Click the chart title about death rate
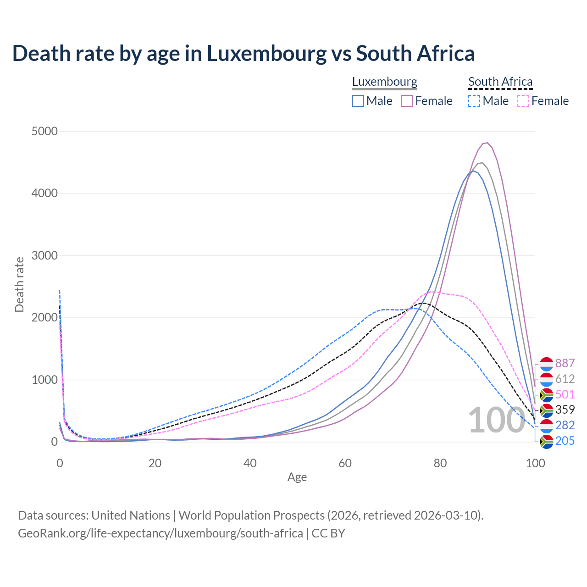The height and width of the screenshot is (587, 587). [243, 53]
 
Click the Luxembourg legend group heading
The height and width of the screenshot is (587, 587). [385, 82]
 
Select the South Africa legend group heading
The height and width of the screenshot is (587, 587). [500, 82]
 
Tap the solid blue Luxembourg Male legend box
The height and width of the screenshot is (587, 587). [358, 101]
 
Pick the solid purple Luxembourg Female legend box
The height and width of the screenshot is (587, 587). [407, 101]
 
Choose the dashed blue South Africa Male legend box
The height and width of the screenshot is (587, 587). [475, 101]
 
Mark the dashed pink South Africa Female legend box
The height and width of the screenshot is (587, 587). [523, 101]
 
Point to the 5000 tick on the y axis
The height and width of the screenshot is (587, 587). [44, 132]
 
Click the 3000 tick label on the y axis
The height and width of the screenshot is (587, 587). [44, 256]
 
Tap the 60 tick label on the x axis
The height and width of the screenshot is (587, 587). [345, 463]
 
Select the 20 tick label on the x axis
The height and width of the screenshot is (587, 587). [155, 463]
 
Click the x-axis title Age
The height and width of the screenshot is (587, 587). [297, 477]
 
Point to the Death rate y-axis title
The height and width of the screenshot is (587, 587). [19, 284]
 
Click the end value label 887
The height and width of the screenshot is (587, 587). [565, 364]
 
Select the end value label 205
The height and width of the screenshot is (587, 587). [565, 441]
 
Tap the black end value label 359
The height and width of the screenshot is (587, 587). [565, 410]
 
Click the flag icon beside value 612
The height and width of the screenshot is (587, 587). [546, 379]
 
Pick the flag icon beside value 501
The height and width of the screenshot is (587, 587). [546, 395]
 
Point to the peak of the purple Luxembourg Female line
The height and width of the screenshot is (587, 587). [487, 143]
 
